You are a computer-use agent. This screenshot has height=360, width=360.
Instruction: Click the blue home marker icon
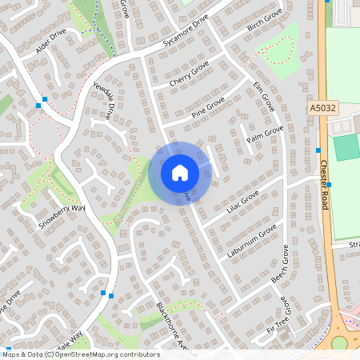coord(179,173)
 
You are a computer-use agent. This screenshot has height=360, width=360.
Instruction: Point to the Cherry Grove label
coord(190,73)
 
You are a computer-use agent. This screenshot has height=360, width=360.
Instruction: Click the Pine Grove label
coord(208,107)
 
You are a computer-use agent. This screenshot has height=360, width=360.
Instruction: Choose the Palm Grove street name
coord(265,134)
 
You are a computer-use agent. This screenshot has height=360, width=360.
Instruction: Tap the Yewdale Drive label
coord(105,100)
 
